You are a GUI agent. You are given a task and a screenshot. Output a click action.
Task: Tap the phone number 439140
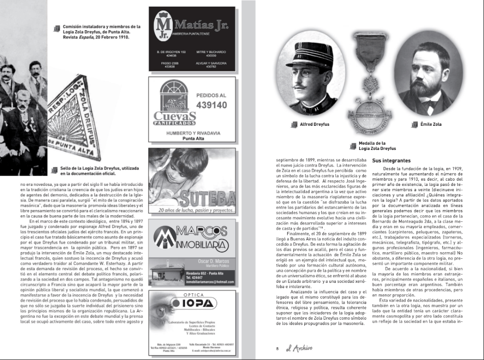click(x=211, y=105)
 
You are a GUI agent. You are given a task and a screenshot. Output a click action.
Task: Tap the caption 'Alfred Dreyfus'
click(x=314, y=124)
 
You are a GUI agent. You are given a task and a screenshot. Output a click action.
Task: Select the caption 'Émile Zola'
click(x=431, y=124)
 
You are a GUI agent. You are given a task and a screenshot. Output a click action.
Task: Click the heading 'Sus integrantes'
click(x=391, y=161)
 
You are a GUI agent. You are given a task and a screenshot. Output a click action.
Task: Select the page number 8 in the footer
click(x=277, y=349)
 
